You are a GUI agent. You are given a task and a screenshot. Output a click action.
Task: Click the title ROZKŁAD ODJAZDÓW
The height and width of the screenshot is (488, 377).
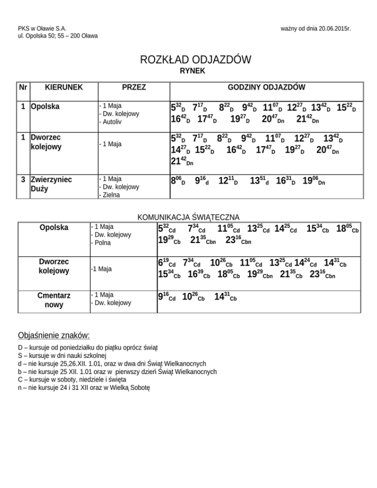pyautogui.click(x=195, y=60)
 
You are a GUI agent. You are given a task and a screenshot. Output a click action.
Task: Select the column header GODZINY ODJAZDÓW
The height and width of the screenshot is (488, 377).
pyautogui.click(x=266, y=88)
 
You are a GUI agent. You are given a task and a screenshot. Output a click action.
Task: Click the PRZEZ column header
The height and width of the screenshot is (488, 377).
pyautogui.click(x=133, y=88)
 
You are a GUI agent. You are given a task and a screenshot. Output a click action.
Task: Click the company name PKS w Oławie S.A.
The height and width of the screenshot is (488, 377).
pyautogui.click(x=42, y=29)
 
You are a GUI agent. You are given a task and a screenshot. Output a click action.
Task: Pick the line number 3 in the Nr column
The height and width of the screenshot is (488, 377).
pyautogui.click(x=23, y=180)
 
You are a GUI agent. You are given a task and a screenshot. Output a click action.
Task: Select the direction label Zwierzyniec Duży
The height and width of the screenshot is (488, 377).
pyautogui.click(x=52, y=184)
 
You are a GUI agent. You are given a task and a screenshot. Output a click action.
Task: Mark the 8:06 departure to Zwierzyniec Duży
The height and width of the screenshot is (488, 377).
pyautogui.click(x=178, y=181)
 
